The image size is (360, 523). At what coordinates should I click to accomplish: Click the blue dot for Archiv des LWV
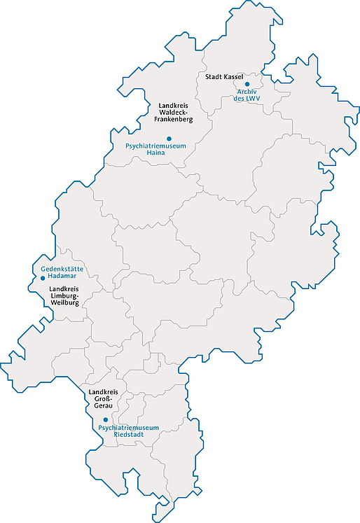[x=247, y=84]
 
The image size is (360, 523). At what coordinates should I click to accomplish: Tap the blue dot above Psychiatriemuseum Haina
[x=169, y=139]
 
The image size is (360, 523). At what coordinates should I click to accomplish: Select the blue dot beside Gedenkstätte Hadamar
[x=43, y=279]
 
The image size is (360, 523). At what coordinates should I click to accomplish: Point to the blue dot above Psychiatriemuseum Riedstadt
[x=106, y=420]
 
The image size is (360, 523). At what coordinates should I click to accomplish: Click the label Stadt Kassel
[x=224, y=76]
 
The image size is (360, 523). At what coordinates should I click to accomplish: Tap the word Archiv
[x=247, y=92]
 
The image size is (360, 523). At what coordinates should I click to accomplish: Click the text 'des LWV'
[x=247, y=99]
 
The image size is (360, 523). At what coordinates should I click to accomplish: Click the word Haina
[x=155, y=153]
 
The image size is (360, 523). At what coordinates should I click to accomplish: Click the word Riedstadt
[x=129, y=435]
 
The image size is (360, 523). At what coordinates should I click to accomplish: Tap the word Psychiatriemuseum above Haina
[x=155, y=146]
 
